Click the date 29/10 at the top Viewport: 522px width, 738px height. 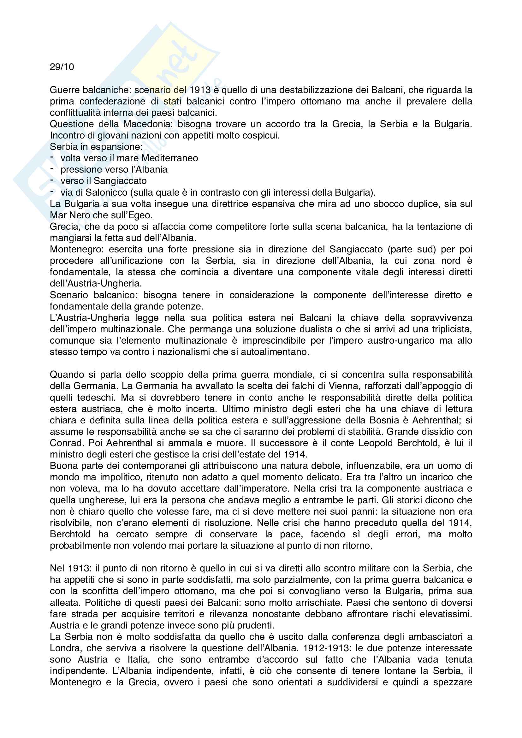click(x=62, y=67)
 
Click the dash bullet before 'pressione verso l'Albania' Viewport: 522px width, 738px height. click(x=52, y=169)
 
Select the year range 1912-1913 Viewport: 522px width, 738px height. click(x=326, y=648)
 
